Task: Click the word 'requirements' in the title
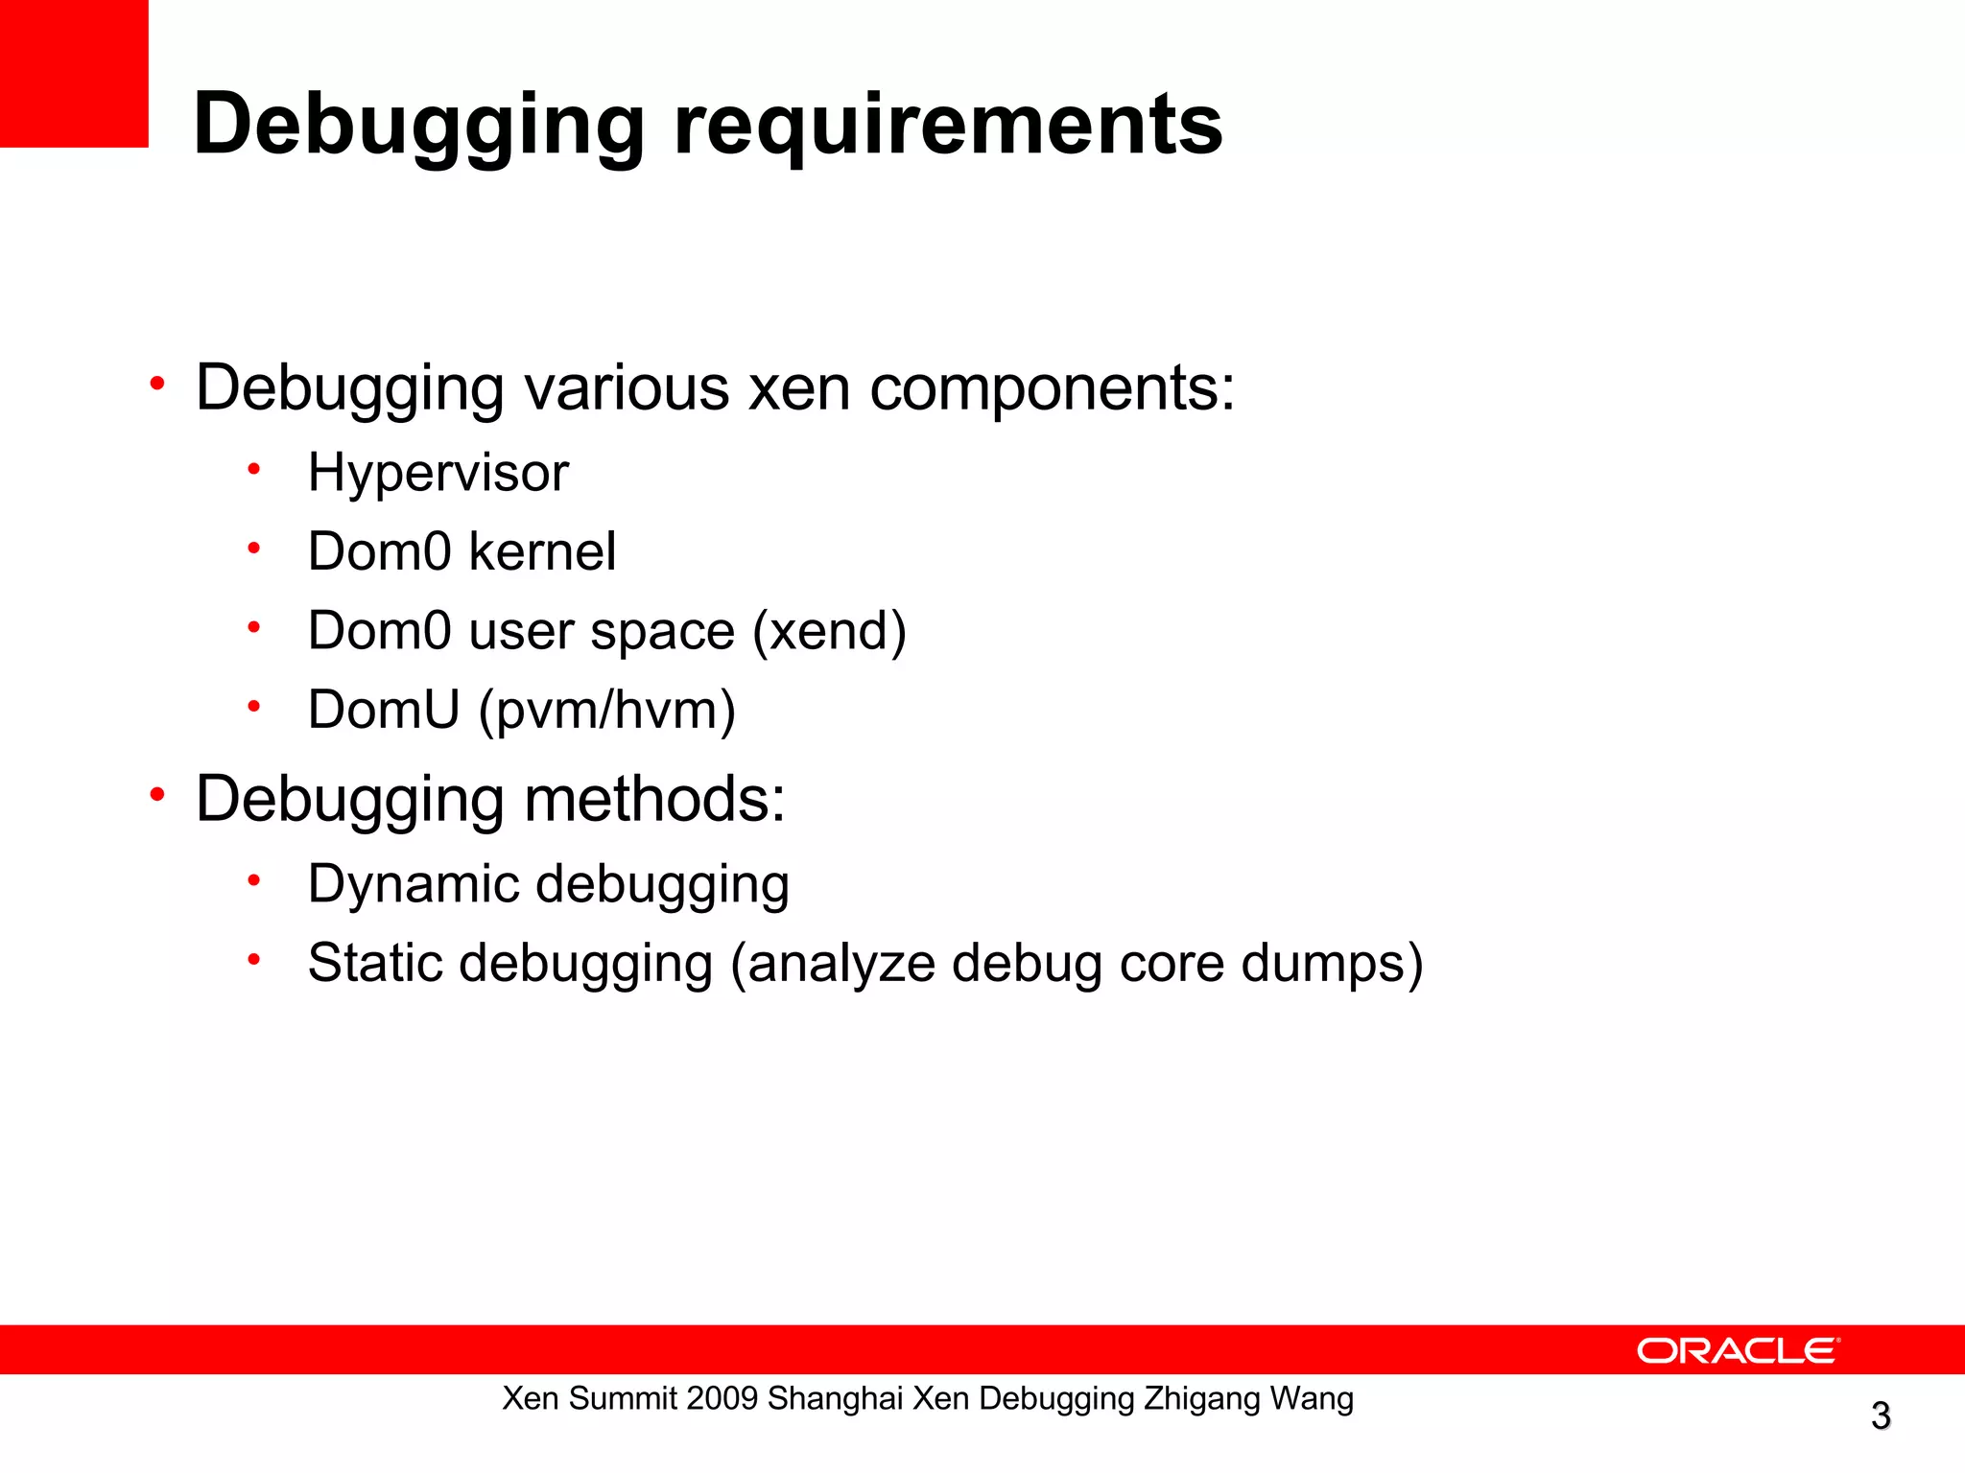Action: pos(948,125)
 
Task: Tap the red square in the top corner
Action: pos(74,73)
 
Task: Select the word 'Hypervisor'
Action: pos(438,473)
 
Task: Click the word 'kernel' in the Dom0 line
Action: pos(542,551)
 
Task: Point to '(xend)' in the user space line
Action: pos(829,631)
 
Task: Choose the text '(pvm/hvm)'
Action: pos(606,710)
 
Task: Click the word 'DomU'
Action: pos(384,710)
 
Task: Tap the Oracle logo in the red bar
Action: pos(1738,1350)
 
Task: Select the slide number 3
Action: pos(1881,1415)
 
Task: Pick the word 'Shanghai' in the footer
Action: pos(836,1398)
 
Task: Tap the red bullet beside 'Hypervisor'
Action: pos(254,470)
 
